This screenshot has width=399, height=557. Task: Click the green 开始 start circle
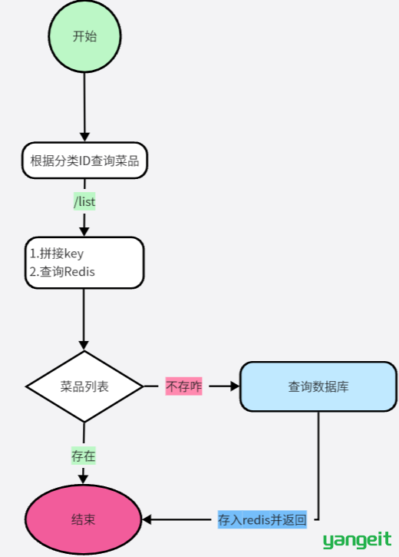(x=84, y=36)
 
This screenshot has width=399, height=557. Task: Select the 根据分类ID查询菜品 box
(x=84, y=161)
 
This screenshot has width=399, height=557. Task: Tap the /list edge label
(x=84, y=202)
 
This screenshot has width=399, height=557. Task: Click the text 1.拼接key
(x=57, y=254)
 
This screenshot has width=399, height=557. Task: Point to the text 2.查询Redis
(x=62, y=272)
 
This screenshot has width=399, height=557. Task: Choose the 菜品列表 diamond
(x=84, y=386)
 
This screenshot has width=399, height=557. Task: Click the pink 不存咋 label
(x=183, y=386)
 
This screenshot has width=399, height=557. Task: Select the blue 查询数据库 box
(x=318, y=386)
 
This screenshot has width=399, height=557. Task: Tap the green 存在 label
(x=84, y=456)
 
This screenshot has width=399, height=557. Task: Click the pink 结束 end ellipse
(x=84, y=519)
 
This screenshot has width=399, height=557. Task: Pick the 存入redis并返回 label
(x=262, y=519)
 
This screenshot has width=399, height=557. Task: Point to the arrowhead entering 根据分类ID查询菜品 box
(x=84, y=137)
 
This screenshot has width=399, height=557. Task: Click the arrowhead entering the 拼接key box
(x=84, y=231)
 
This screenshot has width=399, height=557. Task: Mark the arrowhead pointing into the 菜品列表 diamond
(x=84, y=345)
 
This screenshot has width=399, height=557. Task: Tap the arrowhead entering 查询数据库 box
(x=235, y=386)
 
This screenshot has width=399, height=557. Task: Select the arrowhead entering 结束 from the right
(x=147, y=519)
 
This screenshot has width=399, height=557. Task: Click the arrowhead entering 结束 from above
(x=83, y=479)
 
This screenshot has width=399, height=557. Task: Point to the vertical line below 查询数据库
(x=318, y=466)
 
